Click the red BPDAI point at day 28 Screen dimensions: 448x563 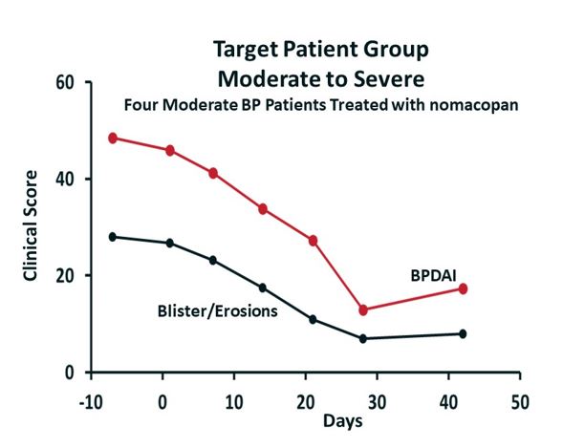[363, 309]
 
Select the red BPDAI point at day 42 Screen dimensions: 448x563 [463, 288]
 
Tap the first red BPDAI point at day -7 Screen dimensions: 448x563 [113, 138]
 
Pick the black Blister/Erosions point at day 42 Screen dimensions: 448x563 [463, 333]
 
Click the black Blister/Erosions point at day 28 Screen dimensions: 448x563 [363, 338]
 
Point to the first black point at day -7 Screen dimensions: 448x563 [113, 236]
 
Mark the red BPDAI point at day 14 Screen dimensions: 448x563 [263, 208]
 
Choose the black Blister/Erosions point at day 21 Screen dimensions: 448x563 [313, 319]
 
